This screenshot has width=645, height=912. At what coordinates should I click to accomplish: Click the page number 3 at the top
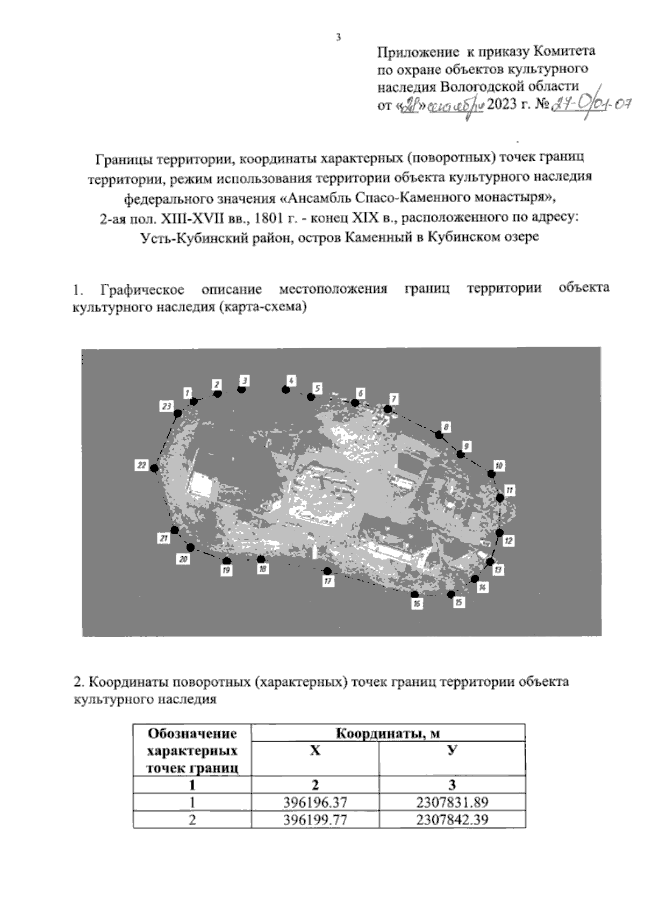[x=338, y=38]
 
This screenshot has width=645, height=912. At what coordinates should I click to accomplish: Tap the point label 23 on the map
[x=166, y=406]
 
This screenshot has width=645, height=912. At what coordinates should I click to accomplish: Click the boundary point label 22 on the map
[x=141, y=465]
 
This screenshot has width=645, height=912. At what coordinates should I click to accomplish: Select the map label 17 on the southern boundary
[x=328, y=581]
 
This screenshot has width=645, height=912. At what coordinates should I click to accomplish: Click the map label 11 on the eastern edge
[x=510, y=490]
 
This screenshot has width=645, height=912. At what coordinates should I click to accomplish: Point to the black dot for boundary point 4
[x=286, y=389]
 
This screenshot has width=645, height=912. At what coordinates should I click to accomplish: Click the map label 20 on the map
[x=183, y=559]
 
